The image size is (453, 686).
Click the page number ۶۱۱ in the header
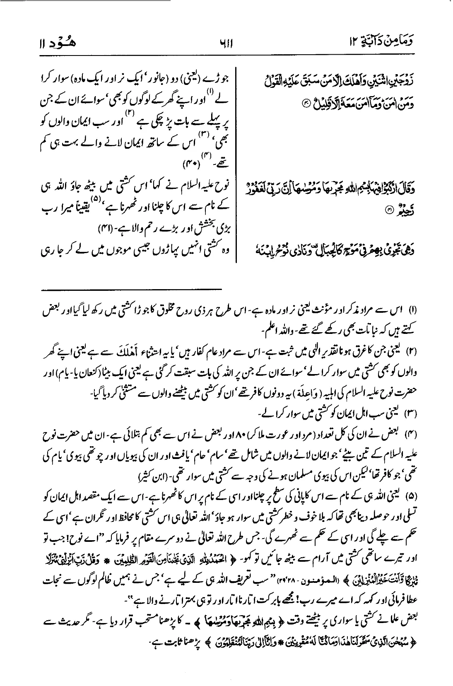227,43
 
